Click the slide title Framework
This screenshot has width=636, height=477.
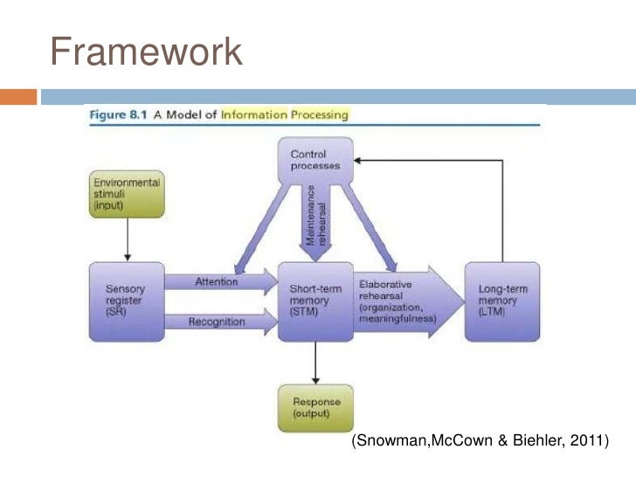tap(146, 52)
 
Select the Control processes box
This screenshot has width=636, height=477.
tap(315, 160)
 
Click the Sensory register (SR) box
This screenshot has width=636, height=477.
tap(127, 300)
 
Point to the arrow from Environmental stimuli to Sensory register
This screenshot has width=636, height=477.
tap(128, 238)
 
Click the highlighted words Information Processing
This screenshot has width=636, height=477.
tap(285, 114)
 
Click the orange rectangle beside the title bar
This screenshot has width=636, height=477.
tap(17, 94)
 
